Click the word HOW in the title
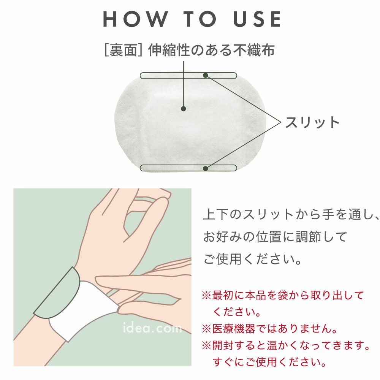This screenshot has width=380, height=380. tap(136, 19)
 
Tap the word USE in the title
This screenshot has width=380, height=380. tap(257, 19)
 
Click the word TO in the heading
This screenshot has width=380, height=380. tap(200, 19)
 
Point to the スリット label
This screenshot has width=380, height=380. tap(312, 122)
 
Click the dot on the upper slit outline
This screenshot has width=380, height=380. tap(206, 75)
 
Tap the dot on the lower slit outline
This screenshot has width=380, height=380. tap(206, 168)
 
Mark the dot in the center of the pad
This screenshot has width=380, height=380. tap(184, 109)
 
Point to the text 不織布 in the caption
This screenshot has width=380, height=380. tap(254, 50)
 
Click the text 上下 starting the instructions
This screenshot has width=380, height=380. tap(217, 214)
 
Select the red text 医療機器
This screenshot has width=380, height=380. tap(234, 329)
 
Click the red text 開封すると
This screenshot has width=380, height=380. tap(239, 345)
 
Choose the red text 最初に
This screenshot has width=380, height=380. tap(228, 295)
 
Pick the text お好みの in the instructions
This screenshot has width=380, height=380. tap(229, 236)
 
